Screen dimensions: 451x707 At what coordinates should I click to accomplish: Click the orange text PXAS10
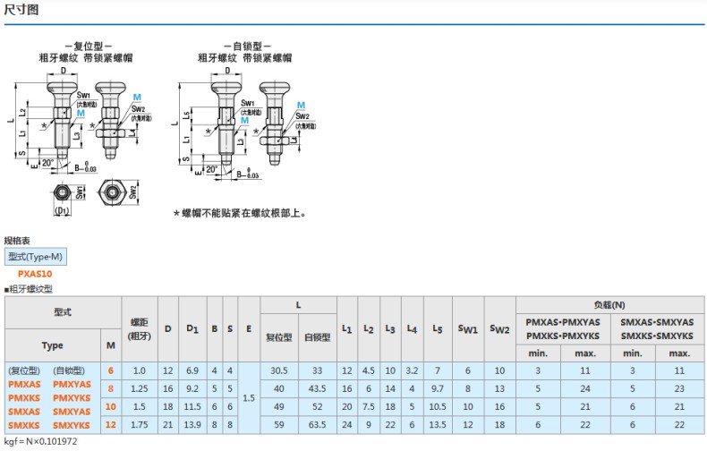35,274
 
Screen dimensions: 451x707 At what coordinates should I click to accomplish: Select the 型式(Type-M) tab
36,257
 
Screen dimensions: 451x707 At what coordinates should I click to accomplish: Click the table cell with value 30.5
278,370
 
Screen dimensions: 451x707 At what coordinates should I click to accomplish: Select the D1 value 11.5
192,406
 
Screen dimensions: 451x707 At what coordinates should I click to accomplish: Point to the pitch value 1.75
139,424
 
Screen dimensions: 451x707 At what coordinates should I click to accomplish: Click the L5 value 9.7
437,388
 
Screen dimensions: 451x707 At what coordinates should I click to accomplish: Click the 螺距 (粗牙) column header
139,328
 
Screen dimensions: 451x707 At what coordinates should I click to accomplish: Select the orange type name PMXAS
24,384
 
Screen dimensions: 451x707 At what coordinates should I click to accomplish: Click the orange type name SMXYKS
72,424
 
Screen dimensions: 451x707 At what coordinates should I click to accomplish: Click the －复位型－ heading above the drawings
88,46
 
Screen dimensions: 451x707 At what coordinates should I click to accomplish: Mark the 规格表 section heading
18,241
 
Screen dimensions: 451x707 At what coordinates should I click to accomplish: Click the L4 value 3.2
412,370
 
